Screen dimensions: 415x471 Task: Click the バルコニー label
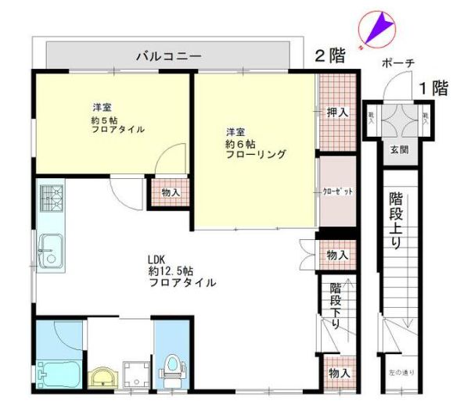click(x=169, y=56)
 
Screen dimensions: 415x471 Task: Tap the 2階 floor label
click(x=330, y=55)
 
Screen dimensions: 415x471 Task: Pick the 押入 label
click(x=338, y=113)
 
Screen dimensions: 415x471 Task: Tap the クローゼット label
click(x=337, y=191)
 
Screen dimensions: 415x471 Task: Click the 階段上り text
click(x=396, y=222)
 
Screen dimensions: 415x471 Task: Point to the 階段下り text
click(x=336, y=305)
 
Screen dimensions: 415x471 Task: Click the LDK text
click(x=158, y=260)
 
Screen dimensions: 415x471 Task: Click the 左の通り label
click(x=402, y=372)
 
